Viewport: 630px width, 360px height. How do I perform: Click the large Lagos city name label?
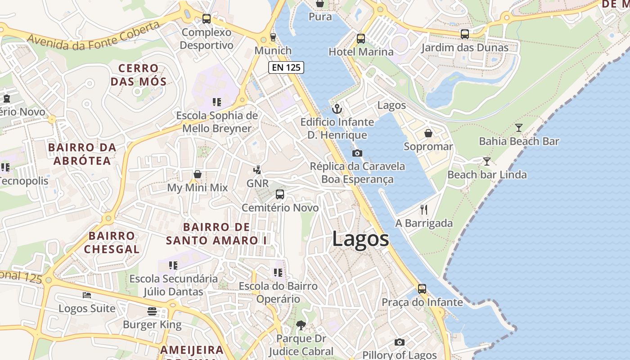360,239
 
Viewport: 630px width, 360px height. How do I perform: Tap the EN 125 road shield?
286,67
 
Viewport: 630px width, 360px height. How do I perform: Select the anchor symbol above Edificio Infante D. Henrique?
337,109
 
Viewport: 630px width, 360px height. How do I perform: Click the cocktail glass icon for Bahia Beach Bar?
519,128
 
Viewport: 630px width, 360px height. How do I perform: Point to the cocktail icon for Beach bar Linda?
487,161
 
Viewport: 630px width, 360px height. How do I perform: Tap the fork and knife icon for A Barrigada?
423,209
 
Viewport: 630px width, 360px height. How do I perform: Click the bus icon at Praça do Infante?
422,289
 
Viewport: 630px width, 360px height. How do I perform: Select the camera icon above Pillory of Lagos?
399,342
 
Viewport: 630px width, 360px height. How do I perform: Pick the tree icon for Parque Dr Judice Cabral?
301,325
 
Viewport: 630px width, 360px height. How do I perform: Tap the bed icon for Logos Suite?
87,295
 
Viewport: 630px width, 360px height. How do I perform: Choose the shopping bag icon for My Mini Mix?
197,174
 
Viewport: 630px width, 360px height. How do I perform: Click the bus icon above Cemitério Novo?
280,194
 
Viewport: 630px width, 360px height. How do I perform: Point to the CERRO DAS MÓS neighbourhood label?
139,75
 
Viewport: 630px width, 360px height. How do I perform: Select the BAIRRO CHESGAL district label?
112,243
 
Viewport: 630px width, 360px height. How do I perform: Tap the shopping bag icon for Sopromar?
428,133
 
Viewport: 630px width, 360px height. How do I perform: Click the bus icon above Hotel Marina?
360,38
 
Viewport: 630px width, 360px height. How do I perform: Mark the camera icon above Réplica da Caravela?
357,153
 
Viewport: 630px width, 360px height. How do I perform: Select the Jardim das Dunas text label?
465,48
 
